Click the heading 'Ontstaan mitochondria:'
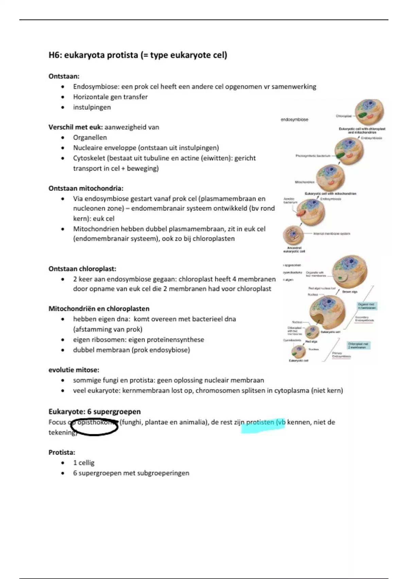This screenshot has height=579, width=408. click(86, 188)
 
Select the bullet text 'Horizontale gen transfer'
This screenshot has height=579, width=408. click(110, 97)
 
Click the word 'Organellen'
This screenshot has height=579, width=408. click(90, 138)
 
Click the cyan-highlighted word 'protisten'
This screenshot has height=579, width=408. click(260, 422)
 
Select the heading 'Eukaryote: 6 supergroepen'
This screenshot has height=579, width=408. click(95, 411)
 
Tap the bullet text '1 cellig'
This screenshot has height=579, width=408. click(84, 463)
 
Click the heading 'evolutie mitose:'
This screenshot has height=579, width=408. click(74, 370)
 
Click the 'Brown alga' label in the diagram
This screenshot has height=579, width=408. click(350, 292)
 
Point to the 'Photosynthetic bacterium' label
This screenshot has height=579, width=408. click(313, 156)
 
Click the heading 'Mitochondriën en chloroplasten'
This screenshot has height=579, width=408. click(99, 309)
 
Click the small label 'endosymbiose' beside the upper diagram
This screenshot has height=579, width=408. click(294, 120)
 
